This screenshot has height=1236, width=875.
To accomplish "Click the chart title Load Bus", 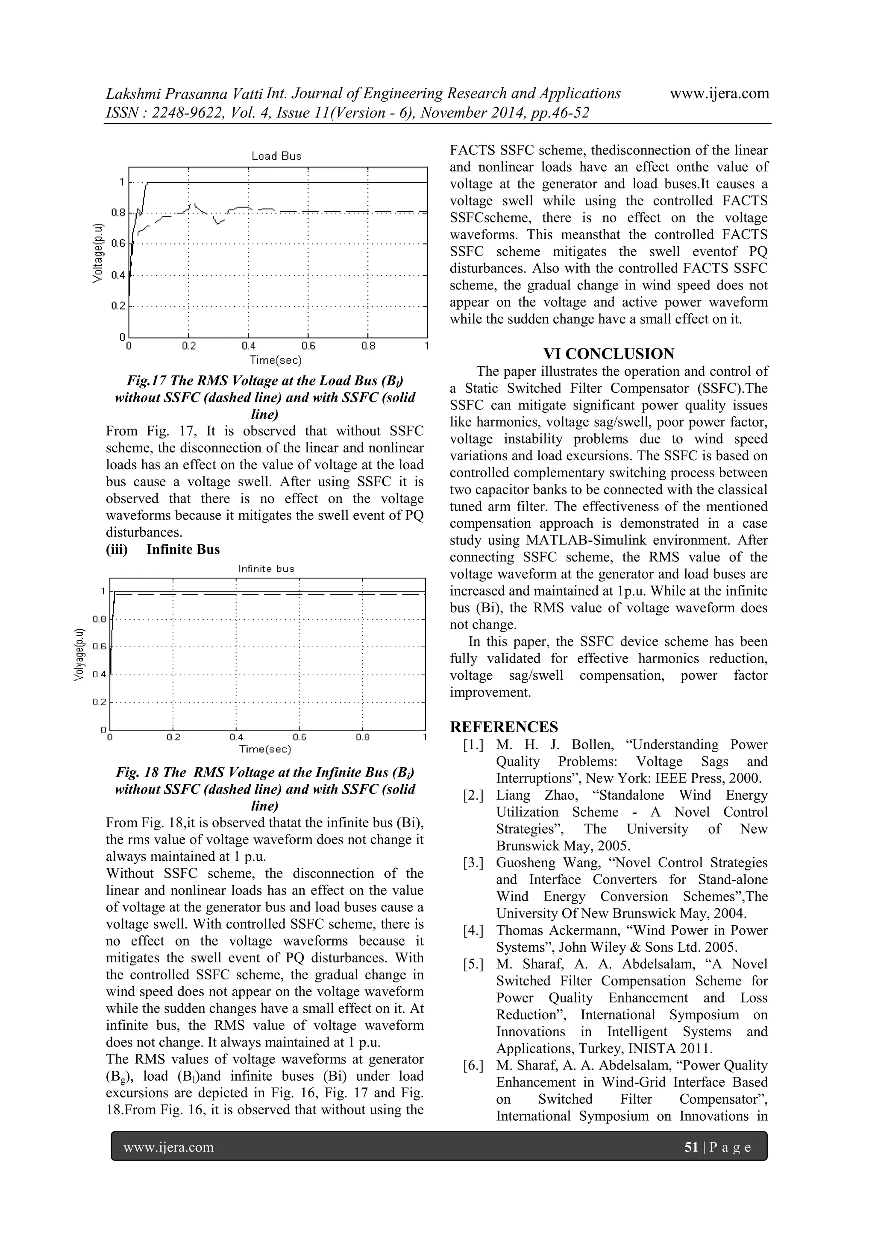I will point(276,156).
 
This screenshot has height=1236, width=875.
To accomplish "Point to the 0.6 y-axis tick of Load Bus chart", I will point(118,243).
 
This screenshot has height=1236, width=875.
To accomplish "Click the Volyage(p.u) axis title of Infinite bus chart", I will point(79,654).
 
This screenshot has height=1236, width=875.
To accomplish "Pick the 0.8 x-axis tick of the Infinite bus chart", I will point(363,737).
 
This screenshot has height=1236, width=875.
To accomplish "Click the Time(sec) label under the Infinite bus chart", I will point(265,749).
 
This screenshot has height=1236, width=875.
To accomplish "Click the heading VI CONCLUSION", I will point(608,354).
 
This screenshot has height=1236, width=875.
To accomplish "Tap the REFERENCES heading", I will point(504,727).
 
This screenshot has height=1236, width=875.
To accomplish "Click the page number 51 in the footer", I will point(691,1147).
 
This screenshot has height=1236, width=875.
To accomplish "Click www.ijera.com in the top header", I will point(719,94).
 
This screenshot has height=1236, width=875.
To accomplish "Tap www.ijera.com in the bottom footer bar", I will point(169,1147).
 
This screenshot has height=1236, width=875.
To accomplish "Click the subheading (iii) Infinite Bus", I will point(163,549).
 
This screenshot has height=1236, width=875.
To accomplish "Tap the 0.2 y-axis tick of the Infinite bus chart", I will point(99,702).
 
